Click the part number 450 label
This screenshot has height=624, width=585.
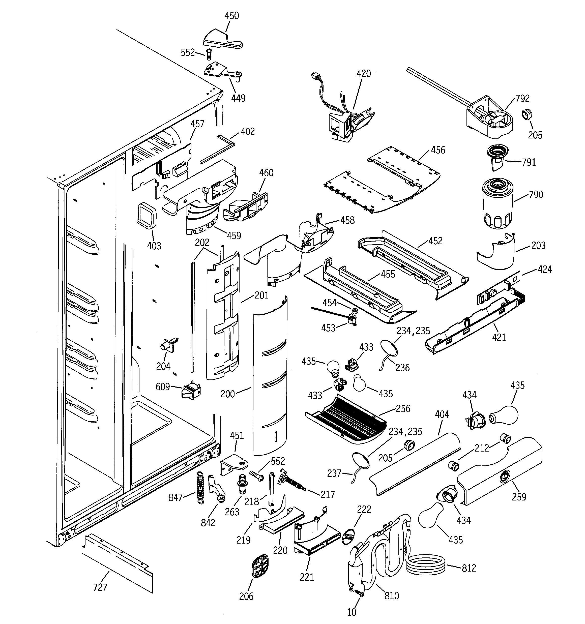pos(232,16)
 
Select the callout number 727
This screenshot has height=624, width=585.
pos(100,587)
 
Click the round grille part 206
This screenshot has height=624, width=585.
pos(260,565)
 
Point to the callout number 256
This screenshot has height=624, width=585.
pos(403,409)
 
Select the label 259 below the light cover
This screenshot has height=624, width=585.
pos(519,497)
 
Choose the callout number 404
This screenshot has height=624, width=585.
pos(442,414)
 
